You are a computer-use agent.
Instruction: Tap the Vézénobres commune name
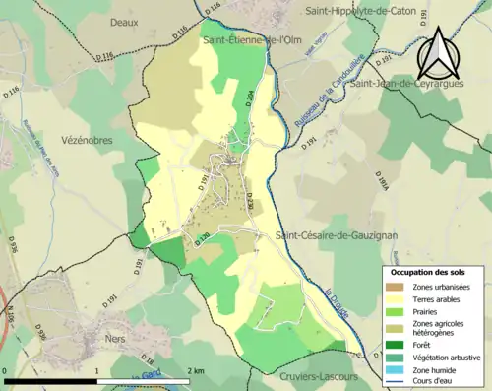(85, 141)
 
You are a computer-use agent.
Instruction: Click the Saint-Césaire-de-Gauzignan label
(338, 234)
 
